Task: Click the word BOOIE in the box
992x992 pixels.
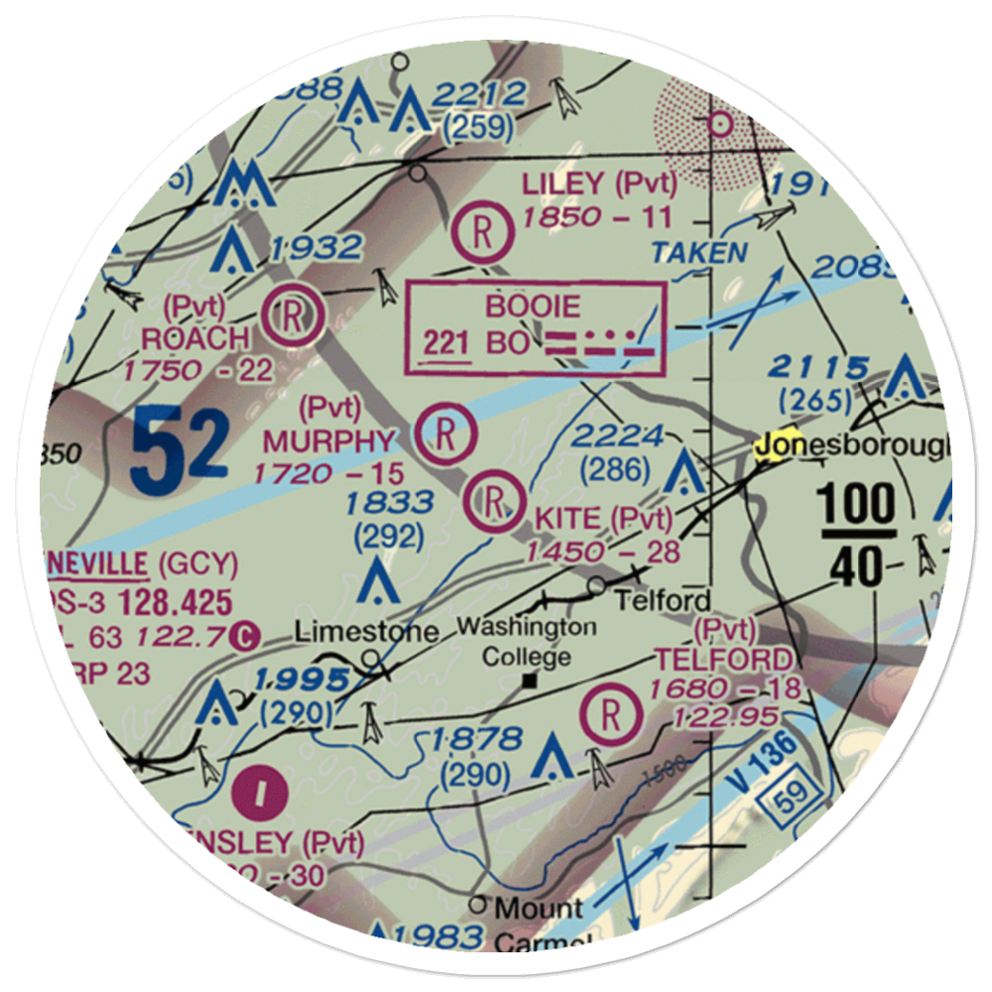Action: pos(532,307)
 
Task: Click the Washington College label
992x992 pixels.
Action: pos(527,642)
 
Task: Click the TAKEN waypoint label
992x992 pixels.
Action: pos(699,252)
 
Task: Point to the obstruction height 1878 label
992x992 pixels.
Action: pos(476,739)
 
